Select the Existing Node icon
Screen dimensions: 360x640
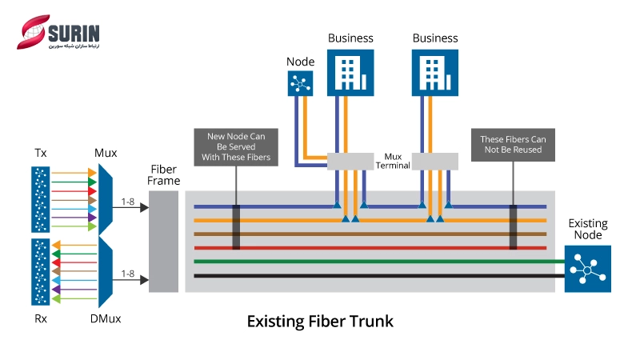(x=588, y=269)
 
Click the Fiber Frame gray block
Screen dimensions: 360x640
(x=163, y=242)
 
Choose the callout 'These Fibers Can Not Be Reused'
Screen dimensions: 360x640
(x=511, y=145)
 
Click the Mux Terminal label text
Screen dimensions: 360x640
(x=394, y=160)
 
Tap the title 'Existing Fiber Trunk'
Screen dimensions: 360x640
(x=320, y=322)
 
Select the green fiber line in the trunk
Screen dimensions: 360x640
(x=376, y=261)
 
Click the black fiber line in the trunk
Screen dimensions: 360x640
(x=376, y=276)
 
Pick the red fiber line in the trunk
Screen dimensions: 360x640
(x=376, y=247)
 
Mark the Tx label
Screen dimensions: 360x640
(x=41, y=152)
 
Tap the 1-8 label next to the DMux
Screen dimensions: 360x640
(x=128, y=274)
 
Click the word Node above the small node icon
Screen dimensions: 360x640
(x=301, y=61)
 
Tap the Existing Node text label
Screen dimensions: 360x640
(x=588, y=229)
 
